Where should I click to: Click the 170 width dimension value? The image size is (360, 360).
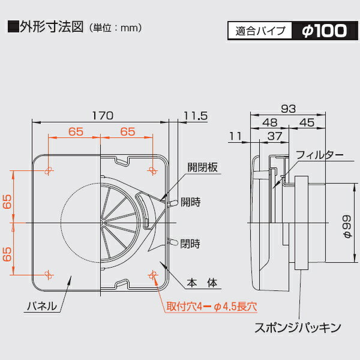coord(103,115)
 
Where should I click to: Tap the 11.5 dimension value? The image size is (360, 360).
coord(196,116)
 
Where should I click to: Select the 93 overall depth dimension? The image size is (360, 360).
coord(289,109)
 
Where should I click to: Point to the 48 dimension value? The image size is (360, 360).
coord(269,122)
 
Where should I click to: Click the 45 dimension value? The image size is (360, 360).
coord(307,122)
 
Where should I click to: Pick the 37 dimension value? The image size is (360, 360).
coord(275,136)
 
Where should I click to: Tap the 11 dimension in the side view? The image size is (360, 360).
coord(235,136)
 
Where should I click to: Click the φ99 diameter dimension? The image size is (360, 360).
coord(347,226)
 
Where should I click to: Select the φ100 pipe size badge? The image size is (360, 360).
coord(325,31)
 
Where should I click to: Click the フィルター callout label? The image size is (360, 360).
coord(320,155)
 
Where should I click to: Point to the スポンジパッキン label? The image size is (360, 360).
coord(298,328)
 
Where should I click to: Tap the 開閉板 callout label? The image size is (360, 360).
coord(202,167)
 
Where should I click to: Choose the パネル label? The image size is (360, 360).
coord(42,306)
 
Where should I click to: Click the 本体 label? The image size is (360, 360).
coord(202,283)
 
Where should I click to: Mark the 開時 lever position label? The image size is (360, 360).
coord(191,202)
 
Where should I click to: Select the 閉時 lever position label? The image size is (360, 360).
coord(190,244)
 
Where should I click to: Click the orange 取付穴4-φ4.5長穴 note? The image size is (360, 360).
coord(212,307)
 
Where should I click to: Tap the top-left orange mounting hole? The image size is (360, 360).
coord(48,170)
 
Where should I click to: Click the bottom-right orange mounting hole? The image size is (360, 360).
coord(152,275)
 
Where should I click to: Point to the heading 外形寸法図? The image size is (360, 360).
coord(52,27)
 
